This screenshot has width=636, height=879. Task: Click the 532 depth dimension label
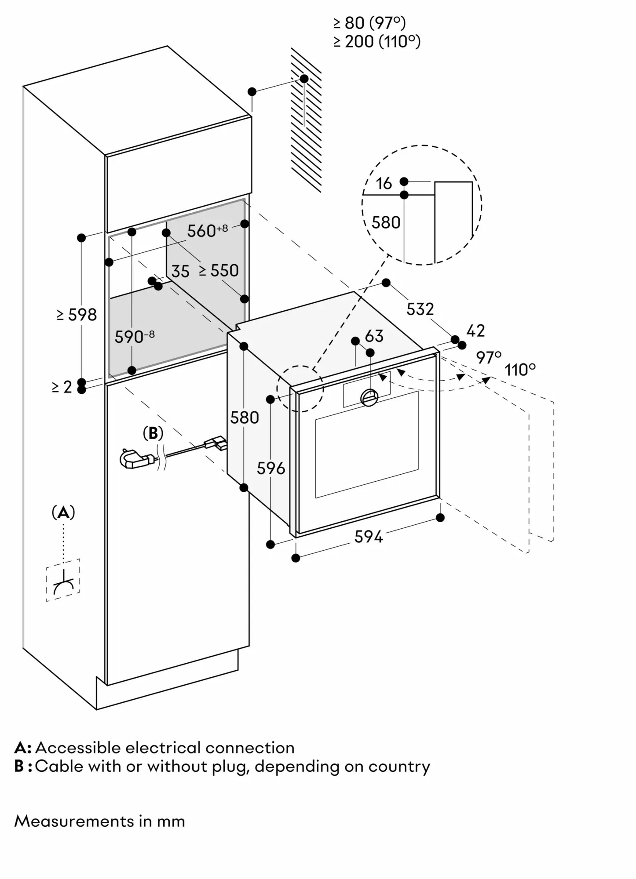pyautogui.click(x=420, y=309)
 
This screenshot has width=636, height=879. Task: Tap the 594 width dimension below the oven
pyautogui.click(x=369, y=537)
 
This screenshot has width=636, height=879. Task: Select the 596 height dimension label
pyautogui.click(x=271, y=469)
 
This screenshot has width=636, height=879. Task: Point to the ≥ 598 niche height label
pyautogui.click(x=77, y=315)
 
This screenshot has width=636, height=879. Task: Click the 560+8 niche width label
pyautogui.click(x=207, y=230)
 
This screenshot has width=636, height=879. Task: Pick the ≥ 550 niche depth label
pyautogui.click(x=219, y=271)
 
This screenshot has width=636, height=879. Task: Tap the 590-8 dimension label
pyautogui.click(x=134, y=337)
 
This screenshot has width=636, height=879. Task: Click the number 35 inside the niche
pyautogui.click(x=180, y=272)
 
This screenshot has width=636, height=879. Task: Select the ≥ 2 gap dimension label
pyautogui.click(x=62, y=387)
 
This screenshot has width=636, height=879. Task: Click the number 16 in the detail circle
pyautogui.click(x=384, y=184)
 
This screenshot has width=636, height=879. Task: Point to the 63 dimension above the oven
pyautogui.click(x=374, y=336)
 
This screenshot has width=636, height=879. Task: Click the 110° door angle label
pyautogui.click(x=520, y=370)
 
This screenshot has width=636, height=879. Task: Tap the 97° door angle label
pyautogui.click(x=488, y=358)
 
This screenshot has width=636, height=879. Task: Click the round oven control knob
pyautogui.click(x=369, y=398)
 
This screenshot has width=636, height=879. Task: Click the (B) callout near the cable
pyautogui.click(x=153, y=433)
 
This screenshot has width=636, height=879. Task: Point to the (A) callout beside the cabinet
pyautogui.click(x=63, y=512)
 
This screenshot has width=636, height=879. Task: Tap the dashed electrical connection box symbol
pyautogui.click(x=63, y=580)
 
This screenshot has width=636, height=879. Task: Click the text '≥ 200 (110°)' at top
pyautogui.click(x=376, y=42)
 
